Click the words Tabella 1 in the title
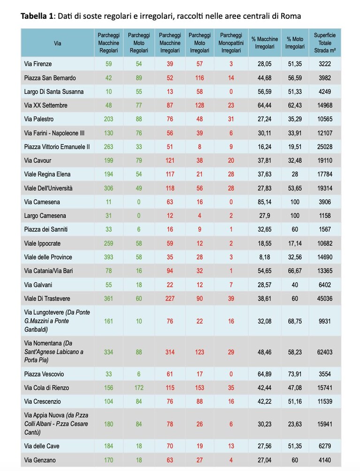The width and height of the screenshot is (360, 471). click(x=37, y=16)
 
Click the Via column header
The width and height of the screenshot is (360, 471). click(x=57, y=43)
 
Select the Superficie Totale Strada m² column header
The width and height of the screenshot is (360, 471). click(x=325, y=43)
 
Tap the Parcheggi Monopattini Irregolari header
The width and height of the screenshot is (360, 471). click(x=231, y=43)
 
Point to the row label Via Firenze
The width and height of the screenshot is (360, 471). click(x=38, y=64)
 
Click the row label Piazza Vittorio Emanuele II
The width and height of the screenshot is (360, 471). click(x=57, y=147)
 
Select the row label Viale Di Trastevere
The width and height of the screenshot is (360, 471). click(x=47, y=298)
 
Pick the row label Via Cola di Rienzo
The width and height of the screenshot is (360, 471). click(x=46, y=388)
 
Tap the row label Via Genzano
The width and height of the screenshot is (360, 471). click(x=40, y=460)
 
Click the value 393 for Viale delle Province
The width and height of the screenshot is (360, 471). click(x=108, y=257)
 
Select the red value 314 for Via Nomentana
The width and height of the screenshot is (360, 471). click(x=170, y=352)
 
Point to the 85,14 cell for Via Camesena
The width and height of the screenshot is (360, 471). click(x=264, y=202)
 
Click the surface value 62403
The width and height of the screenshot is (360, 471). click(x=325, y=352)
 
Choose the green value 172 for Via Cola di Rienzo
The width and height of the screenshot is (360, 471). click(x=139, y=388)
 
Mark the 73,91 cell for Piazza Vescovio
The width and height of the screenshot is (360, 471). click(x=295, y=374)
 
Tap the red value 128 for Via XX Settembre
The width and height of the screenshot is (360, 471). click(x=199, y=106)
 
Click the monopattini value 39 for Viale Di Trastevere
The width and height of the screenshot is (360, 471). click(x=231, y=298)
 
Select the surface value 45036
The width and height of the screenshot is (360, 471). click(x=325, y=298)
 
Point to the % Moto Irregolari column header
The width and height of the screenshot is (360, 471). click(x=295, y=43)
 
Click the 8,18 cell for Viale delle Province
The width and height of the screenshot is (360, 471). click(x=264, y=257)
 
